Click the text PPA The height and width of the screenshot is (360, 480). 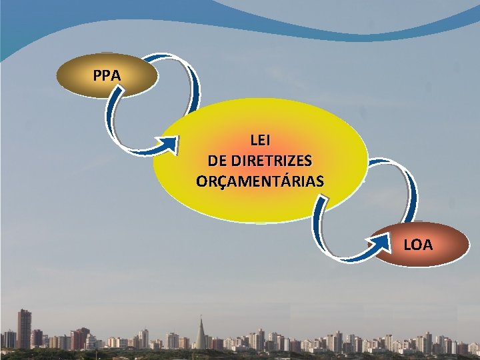(x=107, y=75)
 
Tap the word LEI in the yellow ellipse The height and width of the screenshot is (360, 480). (x=260, y=141)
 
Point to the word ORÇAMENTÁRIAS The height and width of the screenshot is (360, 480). (x=260, y=181)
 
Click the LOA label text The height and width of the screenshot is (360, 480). (x=418, y=245)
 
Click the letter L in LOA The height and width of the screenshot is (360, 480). (x=407, y=245)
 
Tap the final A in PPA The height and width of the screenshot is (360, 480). (x=116, y=75)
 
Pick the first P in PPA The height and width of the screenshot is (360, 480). (x=98, y=75)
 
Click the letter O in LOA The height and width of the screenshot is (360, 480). (x=417, y=245)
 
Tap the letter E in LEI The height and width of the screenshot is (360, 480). (x=260, y=141)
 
